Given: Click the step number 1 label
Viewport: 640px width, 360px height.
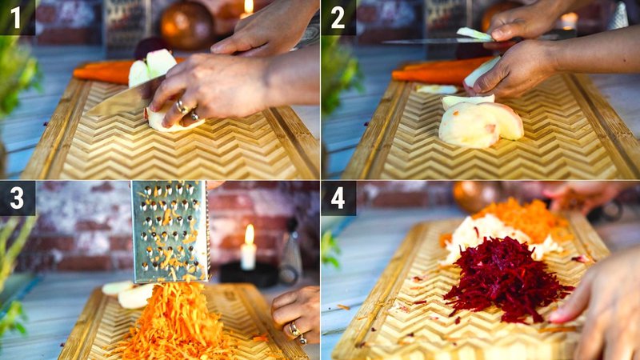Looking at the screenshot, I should click(17, 18).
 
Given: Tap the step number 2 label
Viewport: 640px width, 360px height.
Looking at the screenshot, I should click(338, 18).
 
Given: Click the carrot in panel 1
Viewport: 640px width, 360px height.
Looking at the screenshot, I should click(102, 72).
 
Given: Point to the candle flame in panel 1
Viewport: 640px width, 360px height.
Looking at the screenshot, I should click(248, 6).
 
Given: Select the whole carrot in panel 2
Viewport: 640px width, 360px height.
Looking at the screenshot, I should click(436, 70).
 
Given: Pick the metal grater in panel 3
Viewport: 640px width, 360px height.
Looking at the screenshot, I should click(170, 232).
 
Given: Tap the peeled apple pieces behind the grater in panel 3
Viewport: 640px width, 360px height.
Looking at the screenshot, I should click(128, 293).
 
